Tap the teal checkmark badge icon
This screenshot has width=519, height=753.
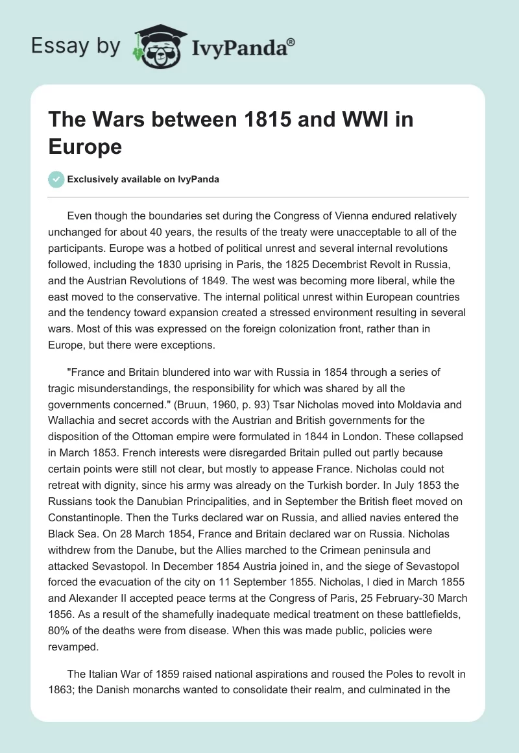[56, 179]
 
